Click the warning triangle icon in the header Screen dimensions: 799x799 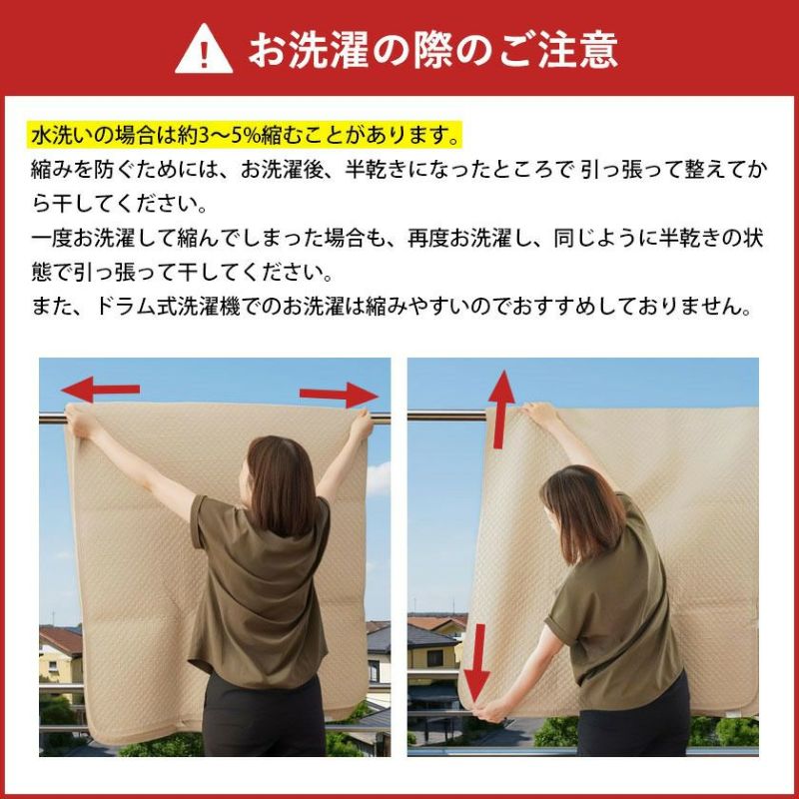(x=204, y=49)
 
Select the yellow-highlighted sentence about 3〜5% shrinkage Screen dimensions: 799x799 (x=246, y=134)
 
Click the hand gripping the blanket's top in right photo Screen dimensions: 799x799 (x=537, y=412)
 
